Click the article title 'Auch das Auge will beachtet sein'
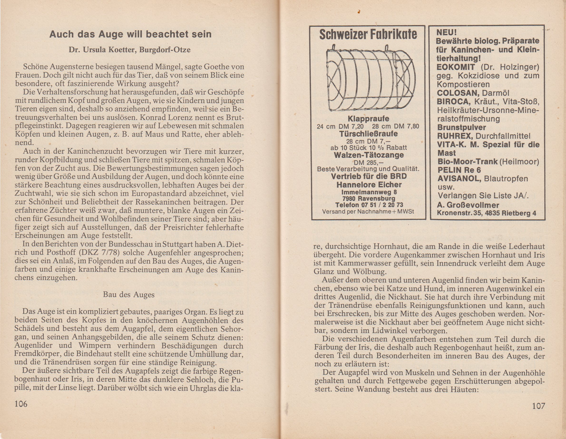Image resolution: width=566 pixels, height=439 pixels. pos(130,34)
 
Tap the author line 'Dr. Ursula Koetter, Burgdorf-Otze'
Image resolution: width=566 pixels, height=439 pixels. pos(130,49)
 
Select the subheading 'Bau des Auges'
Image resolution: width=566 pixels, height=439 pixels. pos(129,295)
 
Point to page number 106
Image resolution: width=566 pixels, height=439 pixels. pos(21,404)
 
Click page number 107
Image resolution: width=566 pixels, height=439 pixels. pos(538,405)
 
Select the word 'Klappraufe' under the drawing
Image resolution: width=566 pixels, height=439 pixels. pos(368,119)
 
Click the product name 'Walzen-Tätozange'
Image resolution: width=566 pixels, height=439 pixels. pos(369,155)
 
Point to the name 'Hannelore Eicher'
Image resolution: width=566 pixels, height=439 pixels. pos(369,185)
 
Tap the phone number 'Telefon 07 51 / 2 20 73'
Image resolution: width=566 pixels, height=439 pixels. pos(369,205)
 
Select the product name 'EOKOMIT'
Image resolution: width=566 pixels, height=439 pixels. pos(456,67)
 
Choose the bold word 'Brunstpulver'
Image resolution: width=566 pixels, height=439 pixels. pos(461,127)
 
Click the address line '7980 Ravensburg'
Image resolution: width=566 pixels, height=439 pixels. pos(369,199)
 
